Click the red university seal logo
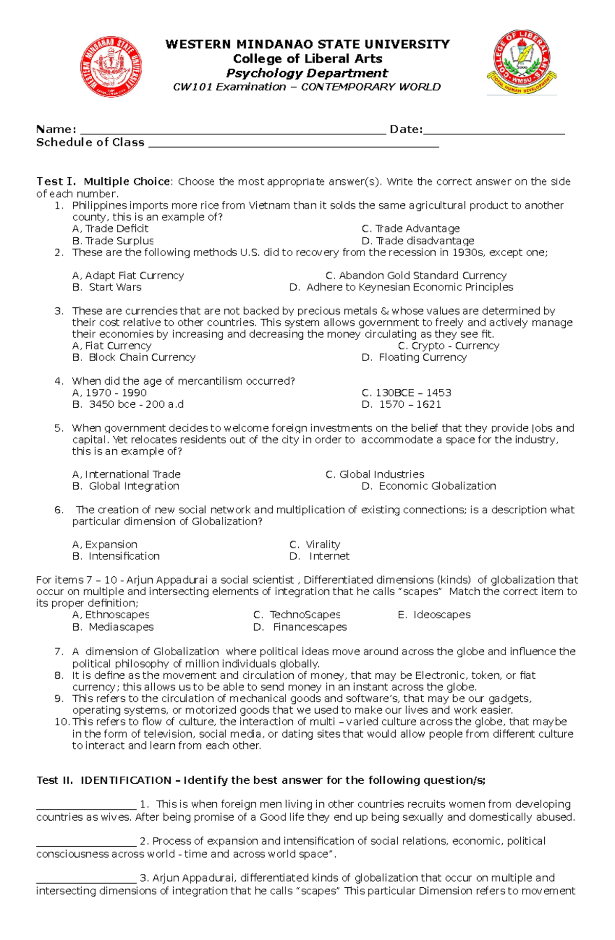[111, 67]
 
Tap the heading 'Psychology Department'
[307, 73]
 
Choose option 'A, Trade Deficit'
[110, 229]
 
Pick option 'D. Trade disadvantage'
[418, 241]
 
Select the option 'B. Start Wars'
[107, 287]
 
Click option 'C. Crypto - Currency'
[448, 346]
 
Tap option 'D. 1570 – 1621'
[401, 404]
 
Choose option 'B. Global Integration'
[126, 486]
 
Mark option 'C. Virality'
[315, 545]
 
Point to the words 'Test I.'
[56, 182]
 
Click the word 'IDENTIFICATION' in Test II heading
[126, 780]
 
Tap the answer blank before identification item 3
[86, 880]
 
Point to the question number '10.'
[61, 722]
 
